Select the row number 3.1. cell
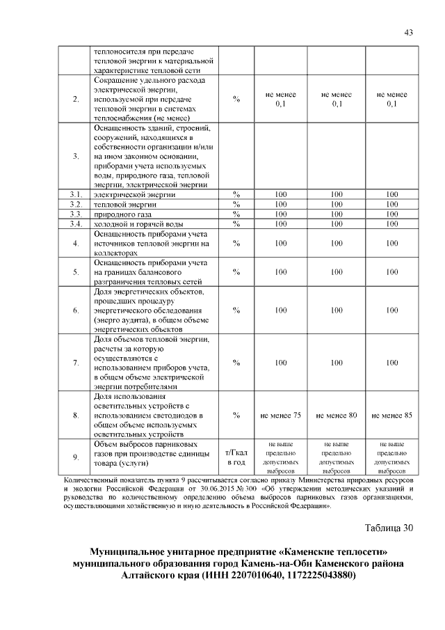point(75,194)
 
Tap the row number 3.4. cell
point(75,224)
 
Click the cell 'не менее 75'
point(280,416)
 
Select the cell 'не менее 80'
point(336,416)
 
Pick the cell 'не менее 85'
point(391,416)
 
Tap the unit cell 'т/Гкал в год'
point(236,457)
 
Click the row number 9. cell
point(75,457)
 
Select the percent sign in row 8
point(236,416)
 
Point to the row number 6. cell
point(75,310)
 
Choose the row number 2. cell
point(75,100)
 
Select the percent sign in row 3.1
point(236,194)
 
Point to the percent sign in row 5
point(236,271)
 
